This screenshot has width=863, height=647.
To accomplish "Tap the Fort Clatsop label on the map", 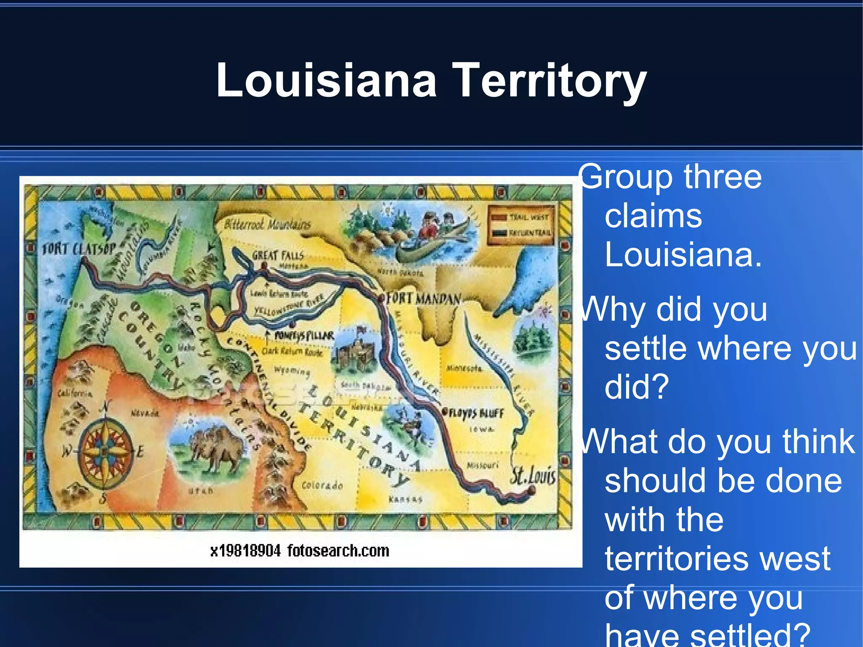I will (x=78, y=249).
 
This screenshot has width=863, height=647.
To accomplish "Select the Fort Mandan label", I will (x=423, y=298).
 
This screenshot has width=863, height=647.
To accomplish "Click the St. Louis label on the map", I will (x=533, y=475).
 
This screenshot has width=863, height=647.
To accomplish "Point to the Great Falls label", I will (x=278, y=255).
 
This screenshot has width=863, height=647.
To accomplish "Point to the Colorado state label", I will (x=322, y=486).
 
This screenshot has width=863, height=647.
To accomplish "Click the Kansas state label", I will (x=405, y=499).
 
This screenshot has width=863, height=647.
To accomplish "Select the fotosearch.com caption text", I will (x=338, y=550).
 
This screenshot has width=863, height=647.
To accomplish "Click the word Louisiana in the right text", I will (x=683, y=255).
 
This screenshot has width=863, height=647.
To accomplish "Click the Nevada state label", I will (x=145, y=413).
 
